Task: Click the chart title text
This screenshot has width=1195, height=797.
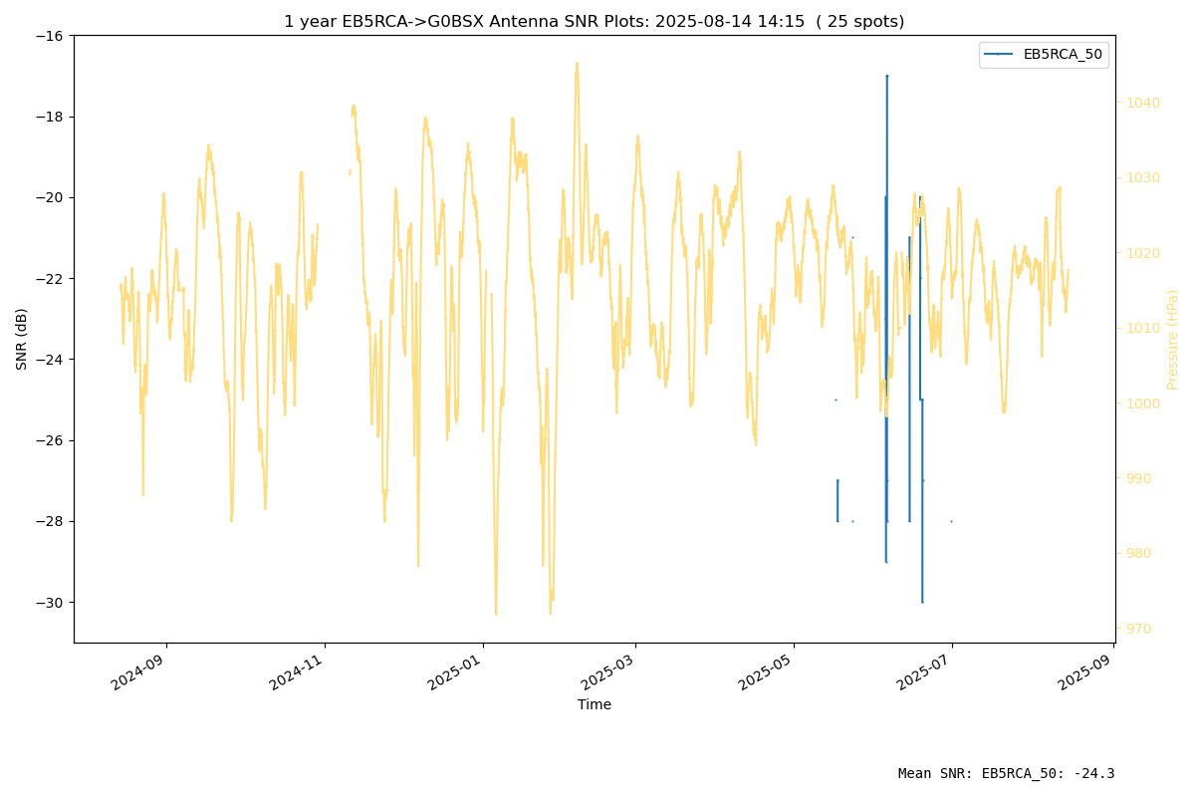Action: coord(594,21)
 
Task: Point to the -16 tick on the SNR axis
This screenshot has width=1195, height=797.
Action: coord(49,36)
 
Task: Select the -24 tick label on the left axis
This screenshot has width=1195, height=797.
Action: coord(49,360)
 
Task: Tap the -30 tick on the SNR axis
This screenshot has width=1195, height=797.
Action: coord(49,603)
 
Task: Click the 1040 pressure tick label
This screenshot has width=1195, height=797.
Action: coord(1143,103)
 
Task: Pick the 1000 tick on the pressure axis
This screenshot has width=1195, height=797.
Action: coord(1143,403)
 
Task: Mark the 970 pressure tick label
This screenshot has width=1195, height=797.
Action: coord(1138,629)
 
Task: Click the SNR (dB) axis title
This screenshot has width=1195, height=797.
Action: coord(21,340)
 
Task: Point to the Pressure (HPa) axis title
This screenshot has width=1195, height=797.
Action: coord(1172,340)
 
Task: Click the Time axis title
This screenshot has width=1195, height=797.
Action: coord(594,704)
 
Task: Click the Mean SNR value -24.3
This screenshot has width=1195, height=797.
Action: coord(1096,773)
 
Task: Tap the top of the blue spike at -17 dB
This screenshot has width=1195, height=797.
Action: coord(886,77)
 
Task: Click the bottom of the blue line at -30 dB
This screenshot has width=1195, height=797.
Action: coord(922,602)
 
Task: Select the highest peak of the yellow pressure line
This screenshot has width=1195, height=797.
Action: coord(577,63)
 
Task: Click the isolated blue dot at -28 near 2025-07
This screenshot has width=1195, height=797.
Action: coord(951,522)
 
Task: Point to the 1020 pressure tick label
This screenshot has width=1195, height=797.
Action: coord(1143,253)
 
